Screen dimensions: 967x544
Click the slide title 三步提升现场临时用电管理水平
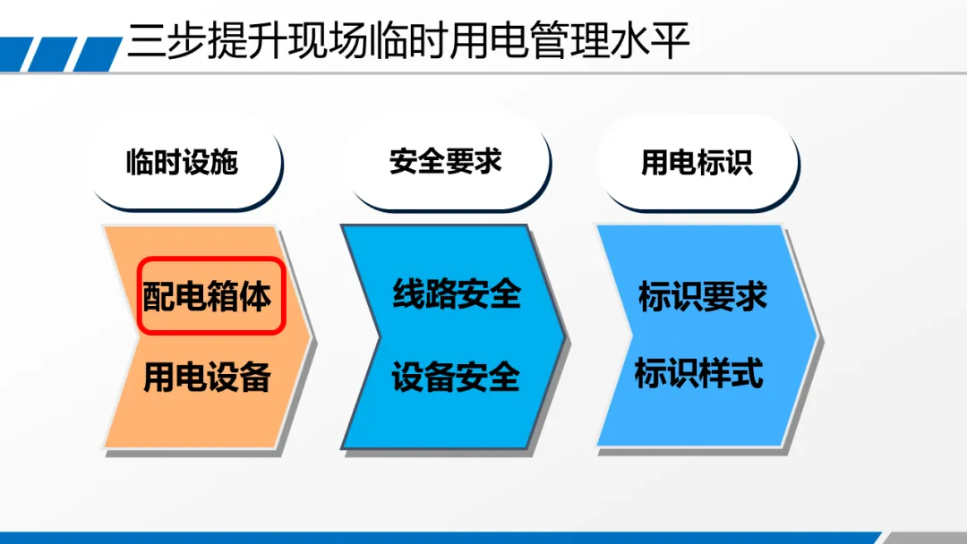click(x=407, y=40)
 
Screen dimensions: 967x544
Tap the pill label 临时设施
click(x=182, y=162)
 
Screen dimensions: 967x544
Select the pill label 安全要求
click(x=445, y=161)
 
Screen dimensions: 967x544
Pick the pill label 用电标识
click(x=697, y=162)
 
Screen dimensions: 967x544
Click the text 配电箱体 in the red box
click(x=207, y=296)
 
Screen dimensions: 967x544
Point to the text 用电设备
click(x=207, y=377)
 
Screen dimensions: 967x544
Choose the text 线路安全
click(x=457, y=293)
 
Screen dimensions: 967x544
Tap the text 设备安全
click(x=455, y=377)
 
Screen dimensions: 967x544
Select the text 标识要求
click(x=703, y=296)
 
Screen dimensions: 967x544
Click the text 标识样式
click(x=698, y=373)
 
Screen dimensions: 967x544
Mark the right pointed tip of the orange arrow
click(x=310, y=336)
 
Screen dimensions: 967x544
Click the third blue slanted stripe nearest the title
click(x=98, y=55)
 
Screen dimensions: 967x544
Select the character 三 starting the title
click(x=147, y=41)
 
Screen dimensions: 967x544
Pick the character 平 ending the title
click(x=671, y=41)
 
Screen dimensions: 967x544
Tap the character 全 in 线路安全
click(x=505, y=293)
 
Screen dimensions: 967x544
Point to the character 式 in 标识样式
click(x=748, y=373)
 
